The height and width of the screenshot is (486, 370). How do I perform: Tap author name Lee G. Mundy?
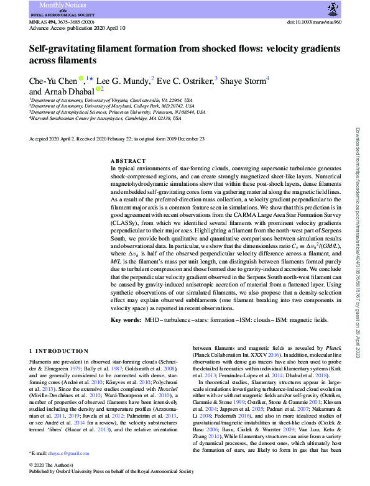tap(123, 80)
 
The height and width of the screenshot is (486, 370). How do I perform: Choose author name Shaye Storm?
tap(244, 80)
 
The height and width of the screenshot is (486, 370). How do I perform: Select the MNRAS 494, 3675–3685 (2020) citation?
tap(63, 22)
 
